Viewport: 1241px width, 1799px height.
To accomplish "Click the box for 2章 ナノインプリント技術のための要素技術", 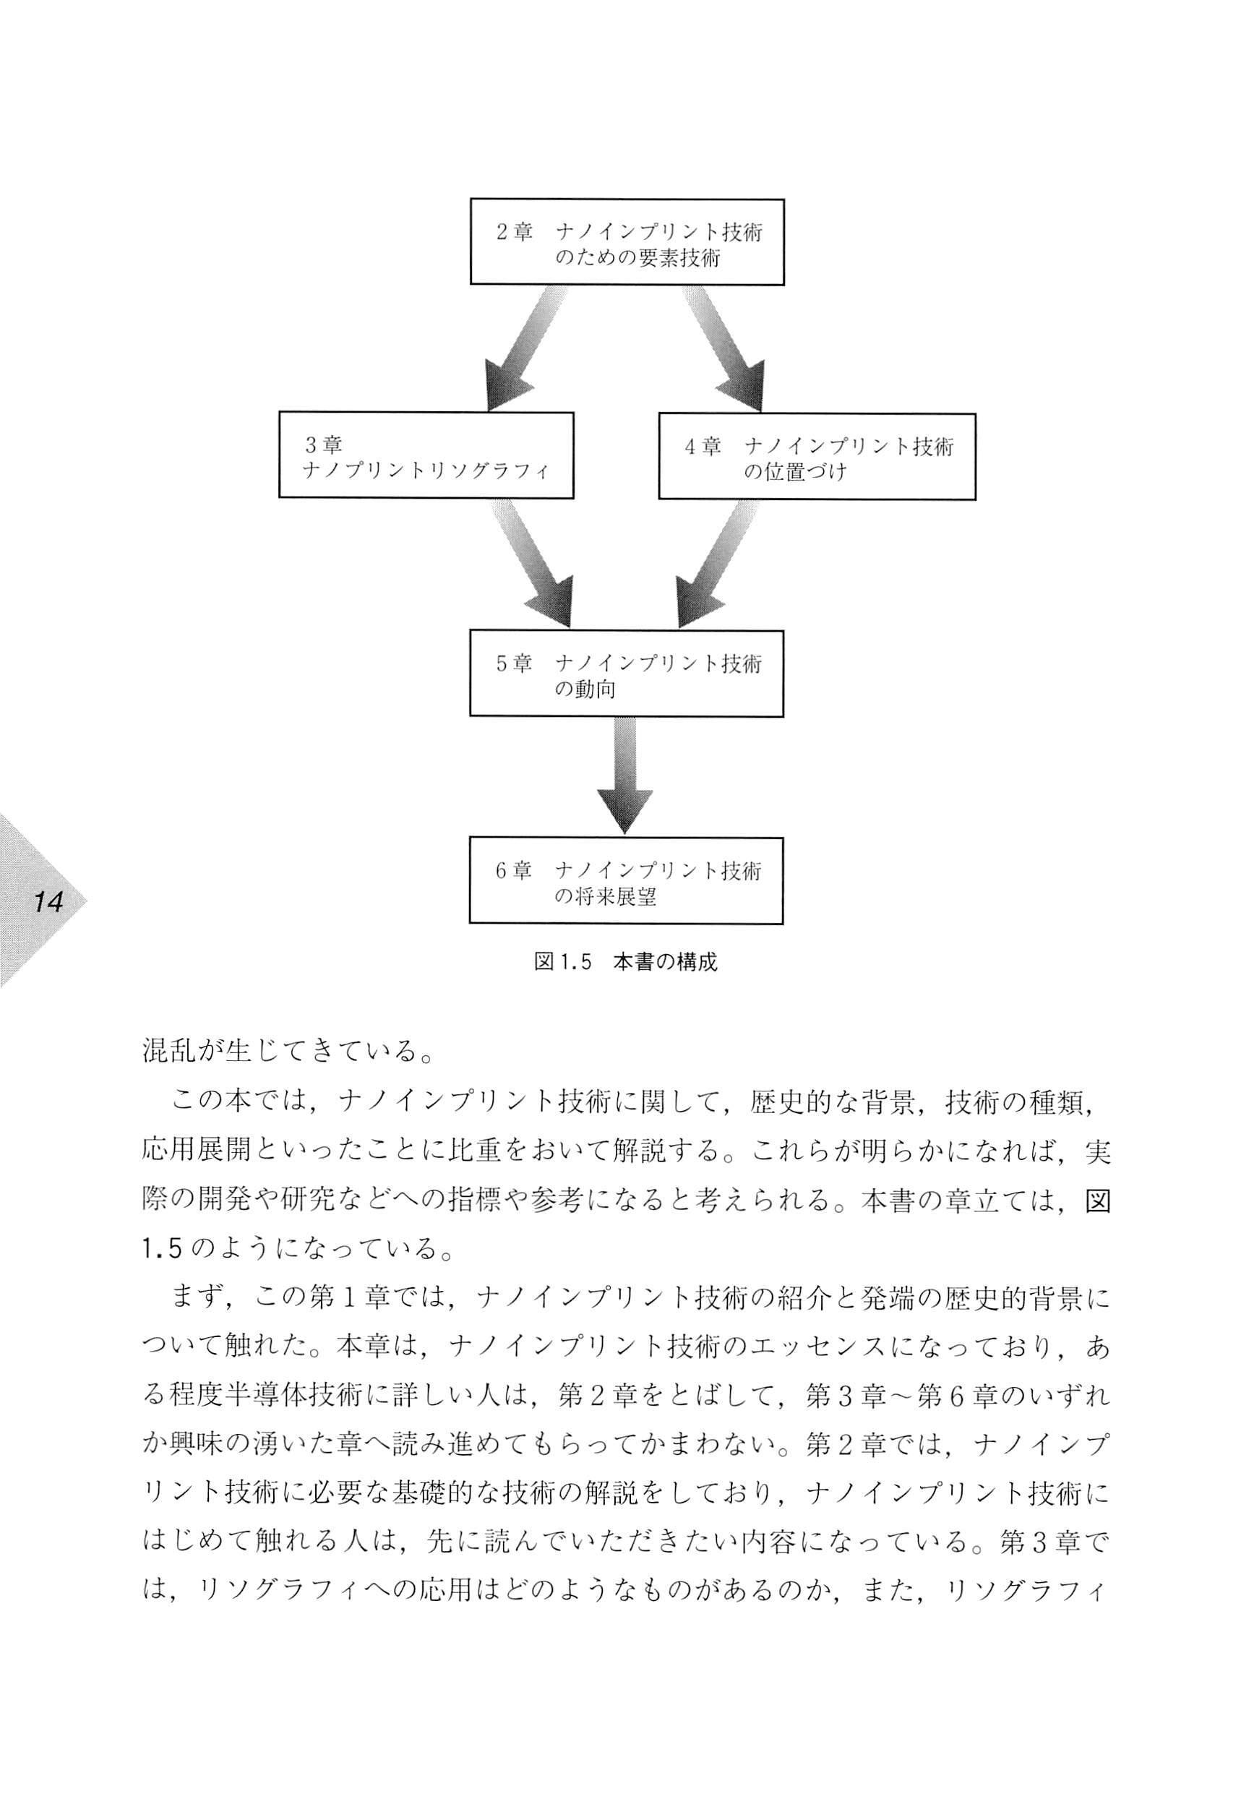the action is (627, 242).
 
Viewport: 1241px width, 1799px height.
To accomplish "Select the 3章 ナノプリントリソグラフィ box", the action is (426, 455).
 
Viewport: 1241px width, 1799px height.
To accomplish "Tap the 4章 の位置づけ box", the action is (817, 455).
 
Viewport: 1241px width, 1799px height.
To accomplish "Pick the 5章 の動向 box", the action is (627, 673).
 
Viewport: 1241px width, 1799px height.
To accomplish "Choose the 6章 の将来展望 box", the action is (626, 881).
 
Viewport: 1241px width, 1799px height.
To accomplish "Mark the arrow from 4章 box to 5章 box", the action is (717, 564).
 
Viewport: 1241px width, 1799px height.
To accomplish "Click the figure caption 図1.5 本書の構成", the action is (626, 962).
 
